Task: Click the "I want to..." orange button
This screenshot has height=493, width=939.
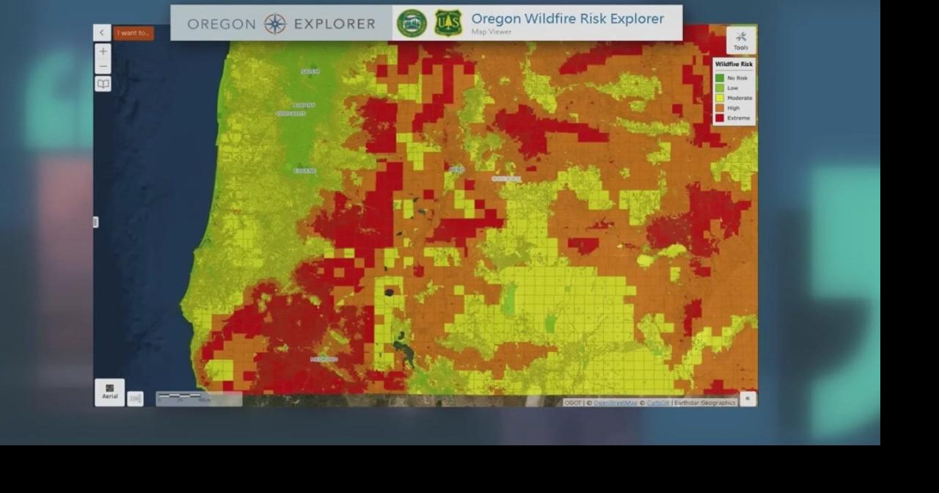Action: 134,33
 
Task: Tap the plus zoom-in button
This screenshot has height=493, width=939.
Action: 103,51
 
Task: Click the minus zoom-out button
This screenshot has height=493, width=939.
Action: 103,67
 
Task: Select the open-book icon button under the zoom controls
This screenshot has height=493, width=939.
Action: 103,84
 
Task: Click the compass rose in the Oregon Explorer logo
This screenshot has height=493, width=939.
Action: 275,24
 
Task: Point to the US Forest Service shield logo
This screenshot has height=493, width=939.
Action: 448,23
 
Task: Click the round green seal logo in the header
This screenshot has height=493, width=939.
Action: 412,23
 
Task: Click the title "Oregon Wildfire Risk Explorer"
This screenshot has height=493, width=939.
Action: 567,19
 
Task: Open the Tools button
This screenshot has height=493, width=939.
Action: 740,40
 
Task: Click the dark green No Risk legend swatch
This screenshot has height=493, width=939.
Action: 720,78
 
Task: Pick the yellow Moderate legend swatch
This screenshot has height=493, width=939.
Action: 720,98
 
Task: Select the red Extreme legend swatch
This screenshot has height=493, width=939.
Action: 720,117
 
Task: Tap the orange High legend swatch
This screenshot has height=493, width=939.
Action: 720,108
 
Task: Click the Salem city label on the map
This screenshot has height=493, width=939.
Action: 310,72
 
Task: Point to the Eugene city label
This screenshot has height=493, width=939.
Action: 305,171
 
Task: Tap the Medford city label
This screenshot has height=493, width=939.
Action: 324,359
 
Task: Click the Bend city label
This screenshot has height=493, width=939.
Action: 457,169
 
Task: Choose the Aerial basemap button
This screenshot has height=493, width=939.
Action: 109,392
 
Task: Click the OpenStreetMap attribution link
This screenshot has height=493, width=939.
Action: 615,403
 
